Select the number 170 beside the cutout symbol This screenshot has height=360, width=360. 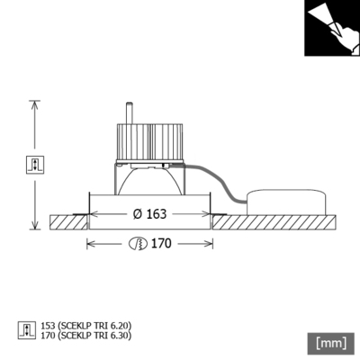tap(161, 243)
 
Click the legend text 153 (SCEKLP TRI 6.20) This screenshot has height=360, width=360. tap(93, 326)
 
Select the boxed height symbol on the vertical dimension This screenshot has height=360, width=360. tap(35, 164)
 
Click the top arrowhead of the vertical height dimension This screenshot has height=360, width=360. tap(35, 102)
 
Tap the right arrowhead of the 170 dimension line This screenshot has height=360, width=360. tap(212, 243)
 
